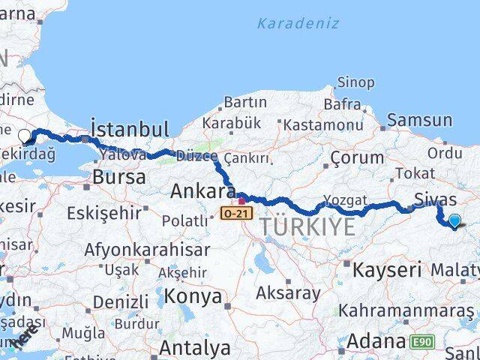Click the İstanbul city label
(x=129, y=127)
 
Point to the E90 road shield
(x=421, y=342)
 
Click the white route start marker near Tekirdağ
(x=25, y=136)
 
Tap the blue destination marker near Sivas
(x=454, y=220)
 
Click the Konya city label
(x=193, y=296)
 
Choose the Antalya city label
(x=194, y=348)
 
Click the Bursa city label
(x=119, y=178)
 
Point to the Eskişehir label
(x=104, y=214)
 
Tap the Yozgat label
(x=345, y=200)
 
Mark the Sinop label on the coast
(x=355, y=83)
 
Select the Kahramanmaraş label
(x=406, y=310)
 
